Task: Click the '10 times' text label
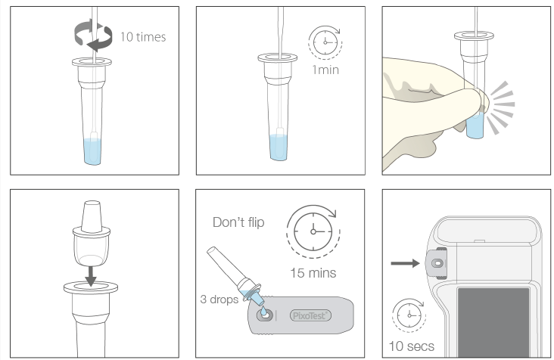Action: tap(143, 37)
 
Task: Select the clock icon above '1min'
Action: tap(325, 42)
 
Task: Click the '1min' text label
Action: tap(325, 70)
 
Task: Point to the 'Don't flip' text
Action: tap(238, 222)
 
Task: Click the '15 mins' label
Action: tap(313, 273)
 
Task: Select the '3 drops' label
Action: tap(219, 299)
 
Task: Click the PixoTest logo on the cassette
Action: tap(310, 315)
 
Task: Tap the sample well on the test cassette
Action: tap(265, 315)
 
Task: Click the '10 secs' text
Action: tap(411, 346)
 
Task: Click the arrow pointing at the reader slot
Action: tap(405, 263)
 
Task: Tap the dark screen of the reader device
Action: tap(493, 322)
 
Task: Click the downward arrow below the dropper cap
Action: tap(91, 276)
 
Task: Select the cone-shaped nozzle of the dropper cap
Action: tap(92, 216)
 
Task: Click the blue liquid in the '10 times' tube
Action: tap(92, 152)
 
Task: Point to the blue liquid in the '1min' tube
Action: tap(279, 147)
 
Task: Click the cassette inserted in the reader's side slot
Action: tap(437, 263)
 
